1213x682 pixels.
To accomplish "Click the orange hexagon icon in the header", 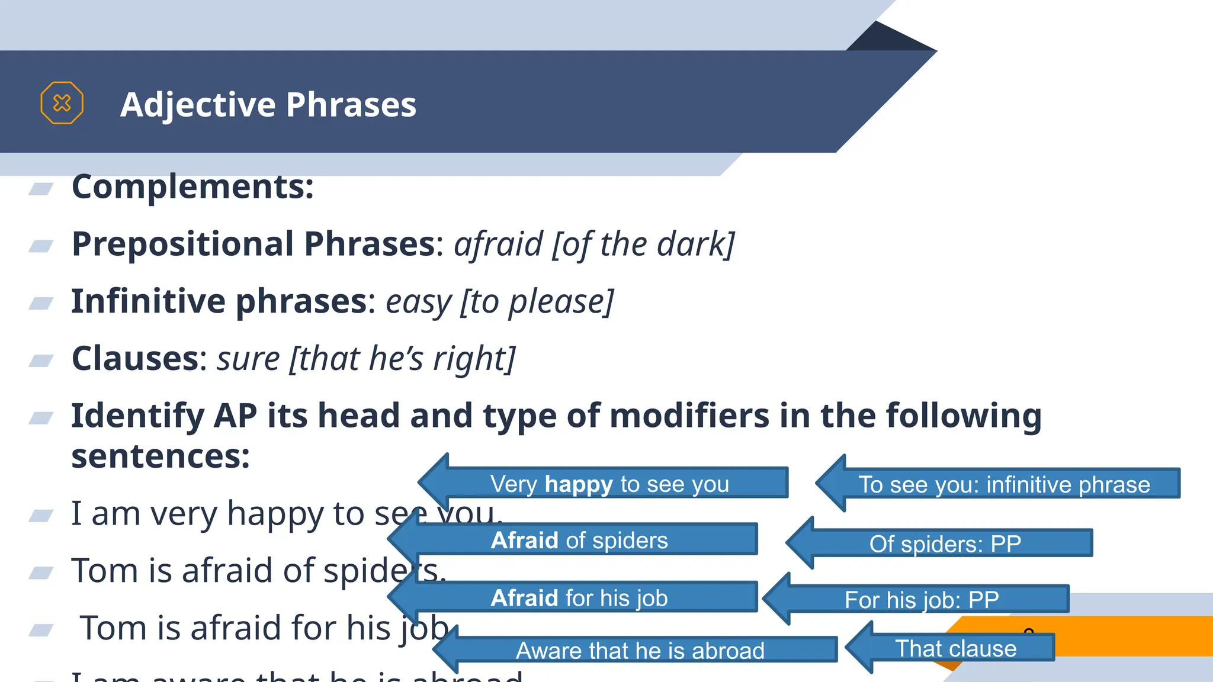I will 62,103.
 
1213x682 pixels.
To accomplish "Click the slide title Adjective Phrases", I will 268,105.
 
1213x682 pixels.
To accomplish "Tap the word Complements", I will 192,186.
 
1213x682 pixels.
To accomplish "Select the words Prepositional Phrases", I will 253,244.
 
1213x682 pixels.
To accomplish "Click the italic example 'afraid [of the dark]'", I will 594,245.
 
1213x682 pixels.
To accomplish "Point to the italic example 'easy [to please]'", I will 500,302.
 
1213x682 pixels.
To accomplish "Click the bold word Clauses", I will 134,359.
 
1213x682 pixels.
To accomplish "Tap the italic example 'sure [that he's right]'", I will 366,359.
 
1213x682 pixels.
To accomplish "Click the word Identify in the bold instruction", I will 137,416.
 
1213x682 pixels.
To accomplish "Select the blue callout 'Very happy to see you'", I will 609,484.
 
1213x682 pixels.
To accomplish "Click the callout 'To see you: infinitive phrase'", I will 1004,484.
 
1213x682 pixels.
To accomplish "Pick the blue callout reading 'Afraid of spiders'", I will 579,540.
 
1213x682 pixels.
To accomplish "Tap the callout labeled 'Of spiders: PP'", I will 945,543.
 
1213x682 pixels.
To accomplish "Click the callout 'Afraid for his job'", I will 579,598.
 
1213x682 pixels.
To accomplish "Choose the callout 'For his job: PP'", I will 921,600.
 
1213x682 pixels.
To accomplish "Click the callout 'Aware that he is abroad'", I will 640,650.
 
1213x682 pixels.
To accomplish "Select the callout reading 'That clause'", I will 955,648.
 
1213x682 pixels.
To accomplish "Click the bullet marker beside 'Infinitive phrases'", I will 41,303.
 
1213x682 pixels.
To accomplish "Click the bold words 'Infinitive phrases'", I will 219,301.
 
